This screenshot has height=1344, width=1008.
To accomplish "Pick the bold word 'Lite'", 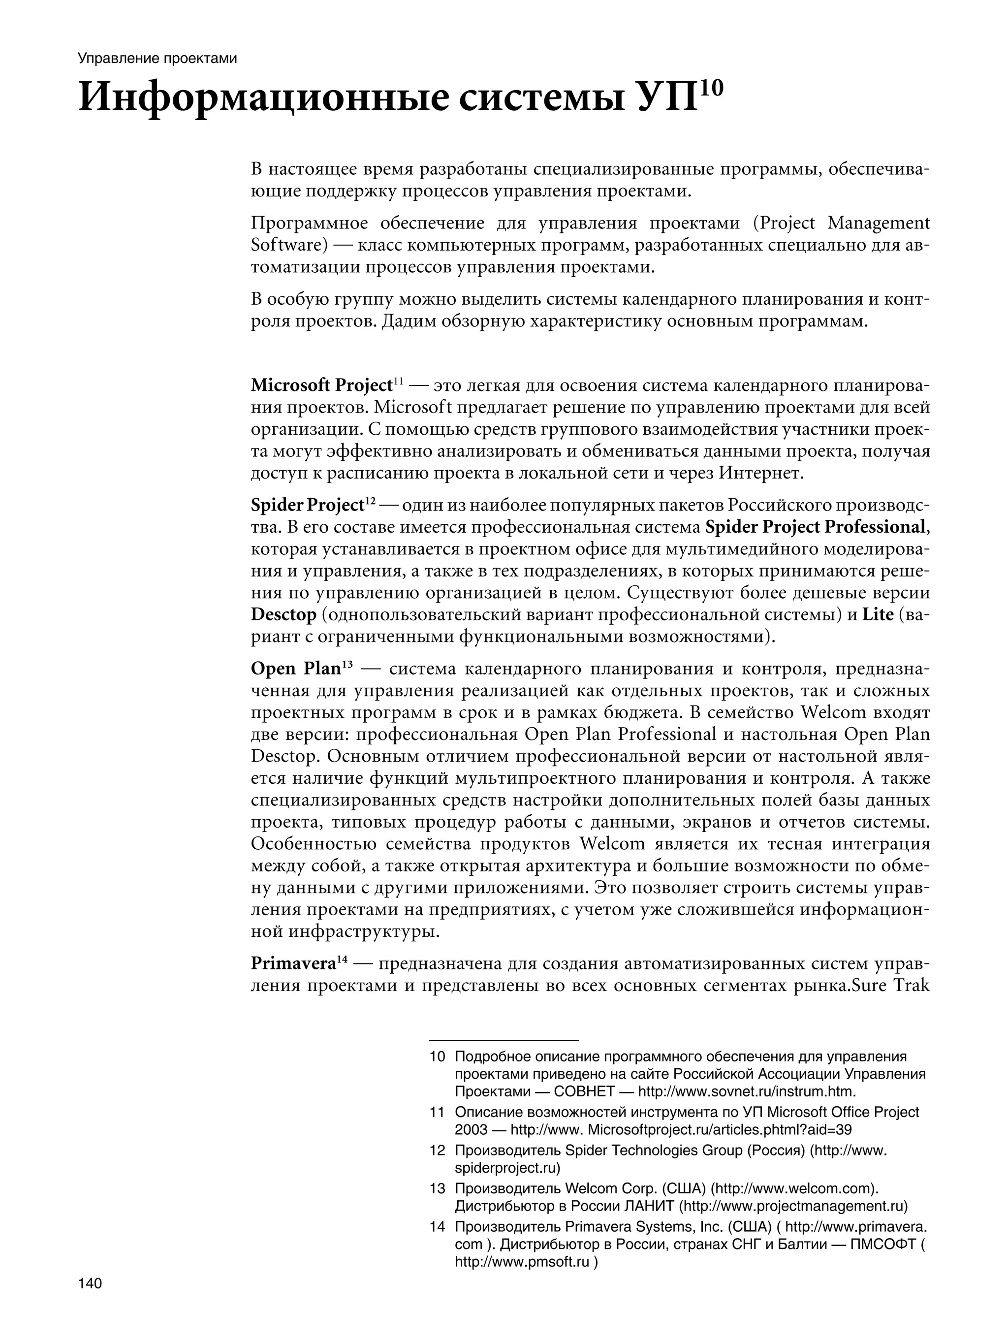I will [878, 614].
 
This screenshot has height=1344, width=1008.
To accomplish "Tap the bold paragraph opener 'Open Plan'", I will [295, 669].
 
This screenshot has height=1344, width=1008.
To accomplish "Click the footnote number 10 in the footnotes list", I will [438, 1056].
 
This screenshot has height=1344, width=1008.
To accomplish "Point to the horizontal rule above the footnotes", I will [503, 1040].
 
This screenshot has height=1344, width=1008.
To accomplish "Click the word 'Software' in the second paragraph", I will [285, 245].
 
